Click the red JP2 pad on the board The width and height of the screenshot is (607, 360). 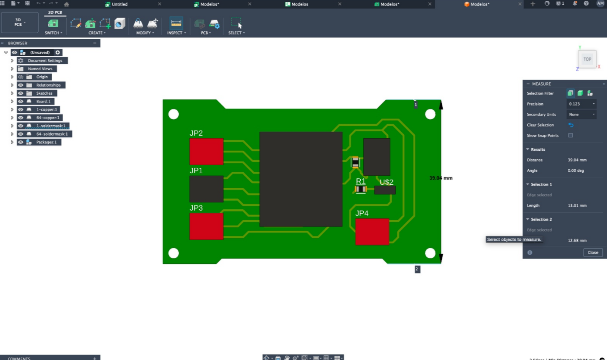coord(206,151)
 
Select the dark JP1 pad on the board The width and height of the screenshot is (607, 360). coord(206,189)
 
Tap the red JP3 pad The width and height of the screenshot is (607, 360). coord(206,226)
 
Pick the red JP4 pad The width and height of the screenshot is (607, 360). coord(372,232)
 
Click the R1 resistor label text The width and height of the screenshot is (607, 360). coord(360,181)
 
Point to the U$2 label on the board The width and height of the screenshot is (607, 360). coord(387,182)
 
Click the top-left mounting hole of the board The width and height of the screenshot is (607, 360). coord(173,114)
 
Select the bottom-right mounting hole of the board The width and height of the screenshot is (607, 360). coord(430,253)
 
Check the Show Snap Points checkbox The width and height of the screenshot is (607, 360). coord(570,135)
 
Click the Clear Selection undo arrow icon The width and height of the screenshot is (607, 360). coord(571,125)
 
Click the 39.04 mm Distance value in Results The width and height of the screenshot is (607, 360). coord(577,160)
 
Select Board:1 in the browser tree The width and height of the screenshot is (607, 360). coord(43,101)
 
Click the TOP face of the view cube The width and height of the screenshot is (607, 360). coord(587,59)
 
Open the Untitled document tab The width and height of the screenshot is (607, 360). coord(120,4)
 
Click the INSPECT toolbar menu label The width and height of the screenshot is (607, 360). coord(175,33)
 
